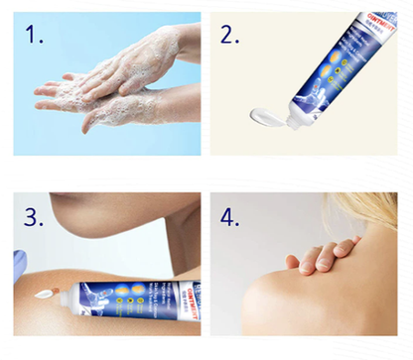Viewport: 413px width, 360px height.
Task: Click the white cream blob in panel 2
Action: (274, 118)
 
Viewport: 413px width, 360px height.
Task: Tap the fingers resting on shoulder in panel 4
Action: (318, 259)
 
